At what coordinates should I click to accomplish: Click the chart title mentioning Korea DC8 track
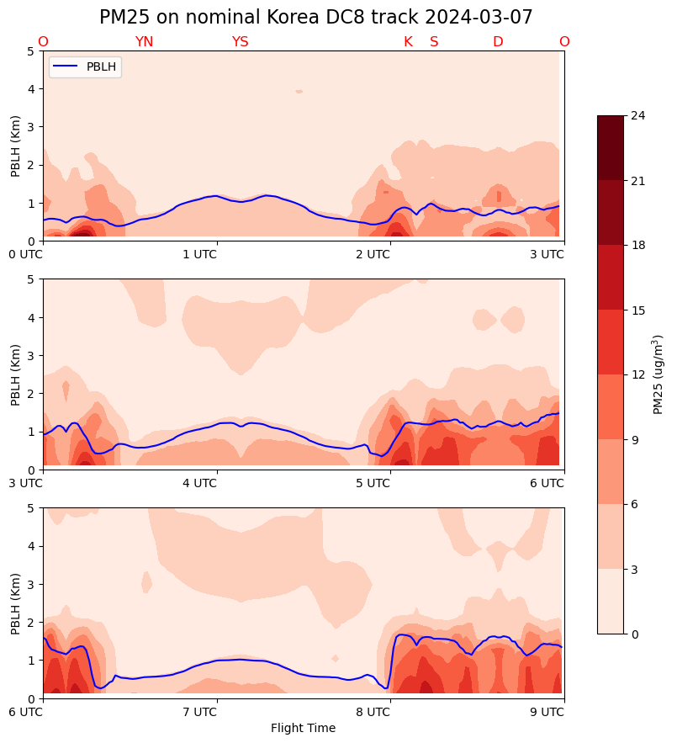point(315,18)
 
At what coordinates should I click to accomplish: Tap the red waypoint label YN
point(144,42)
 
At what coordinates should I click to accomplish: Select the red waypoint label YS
point(240,42)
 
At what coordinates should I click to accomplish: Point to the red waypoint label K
point(408,42)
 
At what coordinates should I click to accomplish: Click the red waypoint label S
point(434,42)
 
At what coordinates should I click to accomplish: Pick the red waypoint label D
point(498,42)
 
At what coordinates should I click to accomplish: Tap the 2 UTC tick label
point(373,254)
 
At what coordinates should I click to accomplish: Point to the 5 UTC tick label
point(373,483)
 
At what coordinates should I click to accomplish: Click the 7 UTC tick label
point(199,712)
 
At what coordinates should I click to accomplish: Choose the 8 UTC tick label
point(373,712)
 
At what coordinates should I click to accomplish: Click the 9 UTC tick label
point(547,712)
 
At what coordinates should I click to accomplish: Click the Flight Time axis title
point(303,728)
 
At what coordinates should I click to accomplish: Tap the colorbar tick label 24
point(637,115)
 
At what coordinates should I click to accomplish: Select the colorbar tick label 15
point(637,310)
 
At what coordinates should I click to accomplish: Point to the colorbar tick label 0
point(633,634)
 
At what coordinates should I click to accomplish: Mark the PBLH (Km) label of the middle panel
point(16,374)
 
